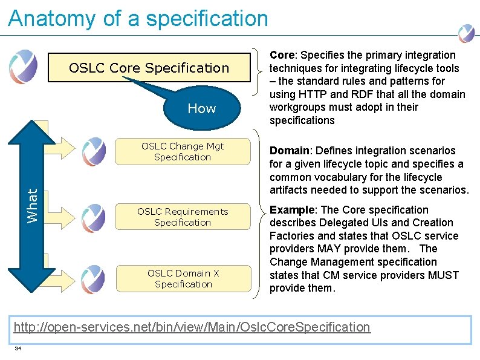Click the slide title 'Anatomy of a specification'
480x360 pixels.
tap(138, 19)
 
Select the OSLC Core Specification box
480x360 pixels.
tap(149, 68)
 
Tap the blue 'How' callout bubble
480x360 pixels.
tap(201, 108)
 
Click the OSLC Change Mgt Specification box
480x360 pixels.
tap(183, 151)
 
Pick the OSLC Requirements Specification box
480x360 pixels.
tap(183, 217)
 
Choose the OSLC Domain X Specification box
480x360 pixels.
tap(183, 278)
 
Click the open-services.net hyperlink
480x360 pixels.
tap(192, 327)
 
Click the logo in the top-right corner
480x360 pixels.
tap(466, 33)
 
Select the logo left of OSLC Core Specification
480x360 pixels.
tap(23, 66)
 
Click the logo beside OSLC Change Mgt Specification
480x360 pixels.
tap(94, 151)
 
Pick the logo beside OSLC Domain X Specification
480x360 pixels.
tap(94, 278)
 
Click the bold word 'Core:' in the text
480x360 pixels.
tap(283, 55)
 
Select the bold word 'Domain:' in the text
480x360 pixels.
tap(290, 151)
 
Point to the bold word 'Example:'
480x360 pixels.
tap(293, 210)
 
